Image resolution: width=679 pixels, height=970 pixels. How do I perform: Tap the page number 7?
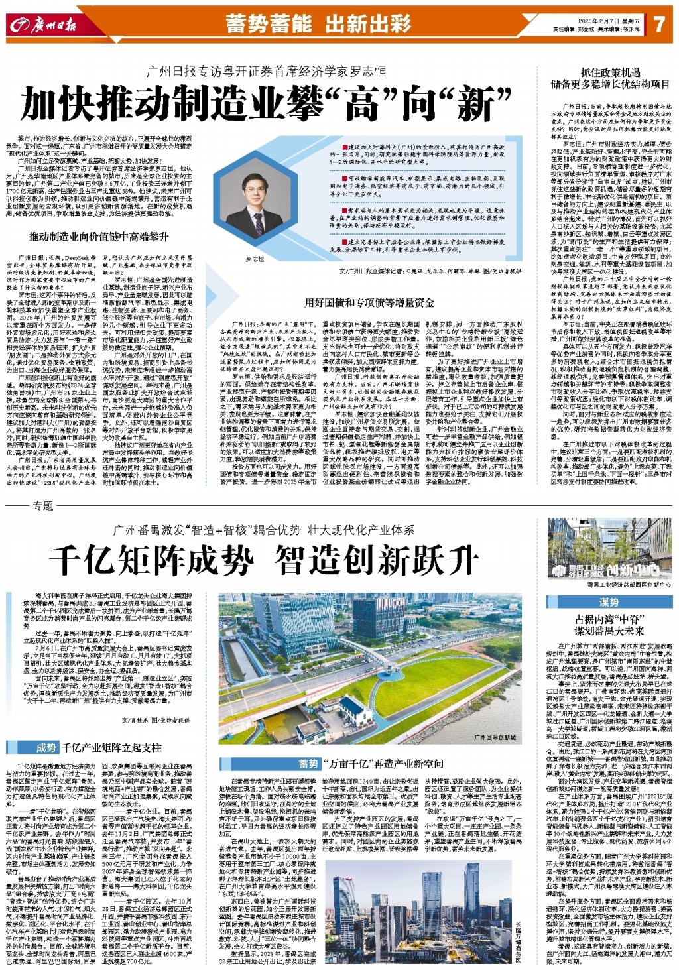658,25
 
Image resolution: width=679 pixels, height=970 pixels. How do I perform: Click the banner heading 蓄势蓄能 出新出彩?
318,24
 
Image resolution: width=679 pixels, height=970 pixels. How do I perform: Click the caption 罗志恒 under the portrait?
255,259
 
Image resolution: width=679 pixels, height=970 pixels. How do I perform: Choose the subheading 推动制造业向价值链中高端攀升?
98,236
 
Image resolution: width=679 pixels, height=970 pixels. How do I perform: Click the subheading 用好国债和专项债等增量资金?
369,302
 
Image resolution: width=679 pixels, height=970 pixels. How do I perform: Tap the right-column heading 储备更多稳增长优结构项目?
610,84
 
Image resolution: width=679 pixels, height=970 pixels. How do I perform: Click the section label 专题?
42,505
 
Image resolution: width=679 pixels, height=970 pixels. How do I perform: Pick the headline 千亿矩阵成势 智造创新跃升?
264,560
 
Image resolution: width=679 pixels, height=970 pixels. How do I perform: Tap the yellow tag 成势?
46,747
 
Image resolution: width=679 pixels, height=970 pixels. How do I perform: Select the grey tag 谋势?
609,602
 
